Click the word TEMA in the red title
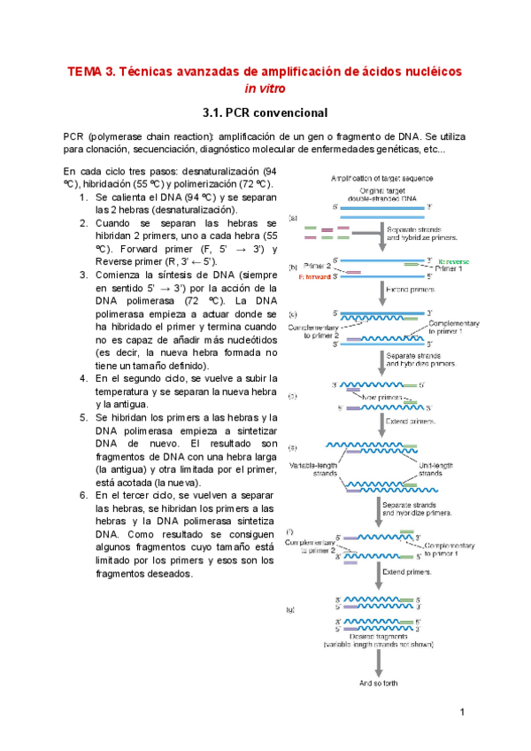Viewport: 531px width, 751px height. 86,70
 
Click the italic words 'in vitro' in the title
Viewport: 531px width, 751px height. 265,89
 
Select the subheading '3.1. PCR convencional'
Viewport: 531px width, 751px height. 265,113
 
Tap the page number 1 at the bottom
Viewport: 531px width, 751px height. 463,713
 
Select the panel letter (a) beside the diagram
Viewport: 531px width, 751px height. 294,218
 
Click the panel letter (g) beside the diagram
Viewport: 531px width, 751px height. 294,610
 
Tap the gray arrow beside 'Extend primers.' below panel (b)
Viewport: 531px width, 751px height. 381,290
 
